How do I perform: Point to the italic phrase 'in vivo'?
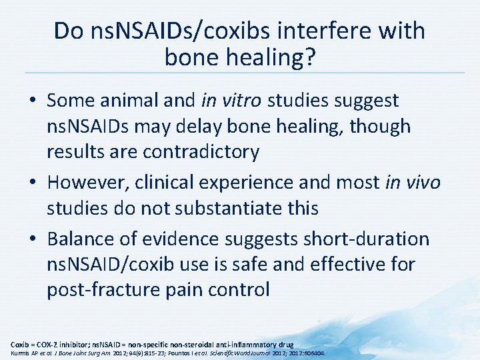pos(413,183)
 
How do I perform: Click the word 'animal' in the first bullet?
pos(129,101)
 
